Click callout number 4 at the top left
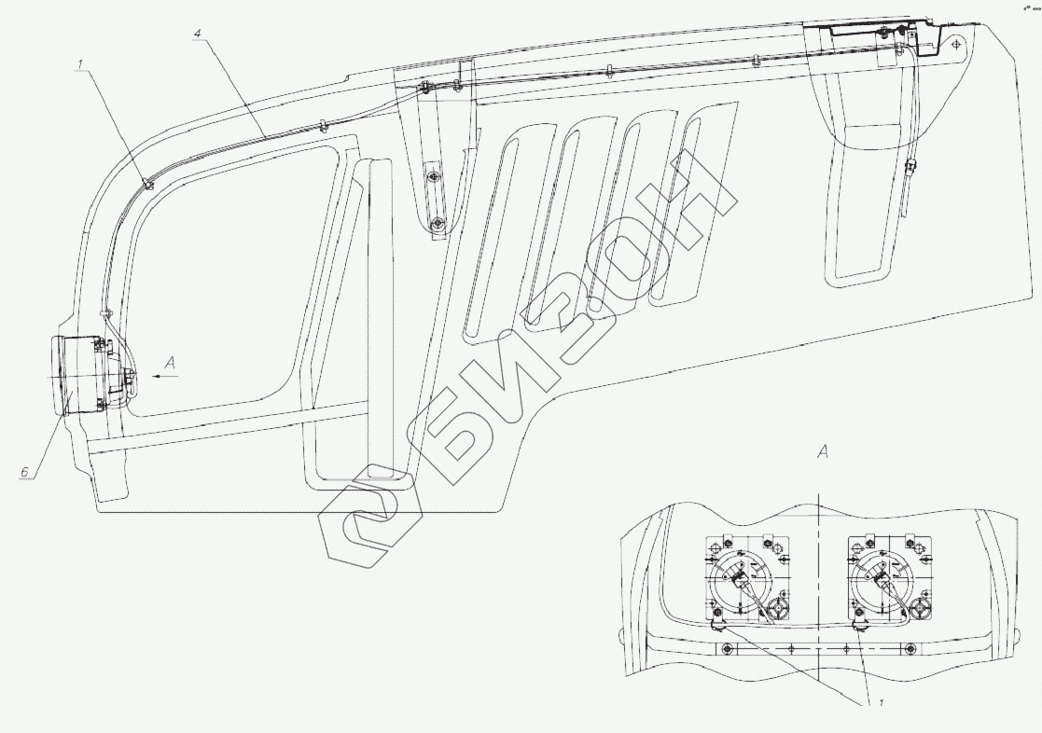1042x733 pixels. coord(196,32)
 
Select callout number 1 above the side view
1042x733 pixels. coord(80,64)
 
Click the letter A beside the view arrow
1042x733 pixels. coord(170,362)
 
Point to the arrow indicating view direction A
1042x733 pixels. coord(165,376)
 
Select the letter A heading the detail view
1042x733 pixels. coord(823,452)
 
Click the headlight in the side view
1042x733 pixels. coord(78,376)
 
